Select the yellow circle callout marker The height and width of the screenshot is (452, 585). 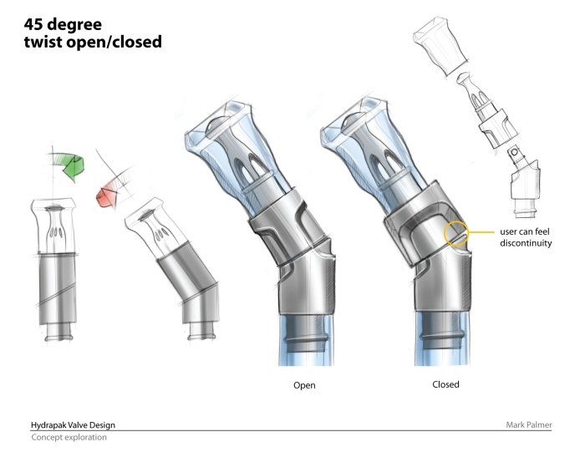[455, 233]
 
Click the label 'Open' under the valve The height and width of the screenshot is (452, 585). [304, 385]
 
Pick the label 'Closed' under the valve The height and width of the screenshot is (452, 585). [445, 384]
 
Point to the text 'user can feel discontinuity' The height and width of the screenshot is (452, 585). [526, 237]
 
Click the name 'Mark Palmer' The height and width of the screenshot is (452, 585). [529, 424]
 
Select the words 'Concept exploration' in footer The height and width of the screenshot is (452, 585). [69, 437]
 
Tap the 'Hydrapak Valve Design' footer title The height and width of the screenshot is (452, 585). [73, 424]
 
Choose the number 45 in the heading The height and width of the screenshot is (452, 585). [33, 24]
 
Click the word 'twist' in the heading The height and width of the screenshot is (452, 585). [43, 42]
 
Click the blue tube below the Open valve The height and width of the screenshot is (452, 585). [306, 340]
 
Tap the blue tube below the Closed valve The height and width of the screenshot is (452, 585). [442, 338]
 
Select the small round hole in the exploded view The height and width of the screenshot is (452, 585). [515, 152]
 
